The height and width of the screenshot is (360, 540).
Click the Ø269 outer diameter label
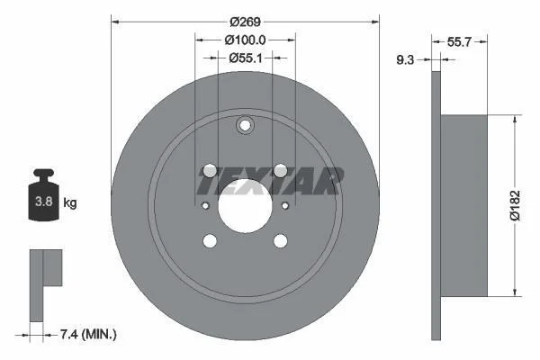coord(245,22)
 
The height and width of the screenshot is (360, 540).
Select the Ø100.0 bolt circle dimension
coord(245,40)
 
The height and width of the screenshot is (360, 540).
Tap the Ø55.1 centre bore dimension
coord(246,58)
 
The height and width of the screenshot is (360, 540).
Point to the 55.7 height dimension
coord(459,42)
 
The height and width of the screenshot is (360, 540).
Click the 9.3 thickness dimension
coord(405,60)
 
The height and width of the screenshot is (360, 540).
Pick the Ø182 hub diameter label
coord(515,205)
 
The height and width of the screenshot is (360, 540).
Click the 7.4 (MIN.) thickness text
coord(88,334)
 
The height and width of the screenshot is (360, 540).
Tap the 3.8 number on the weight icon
coord(44,202)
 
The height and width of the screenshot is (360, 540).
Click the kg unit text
coord(70,202)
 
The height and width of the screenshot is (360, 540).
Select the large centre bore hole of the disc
coord(245,206)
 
